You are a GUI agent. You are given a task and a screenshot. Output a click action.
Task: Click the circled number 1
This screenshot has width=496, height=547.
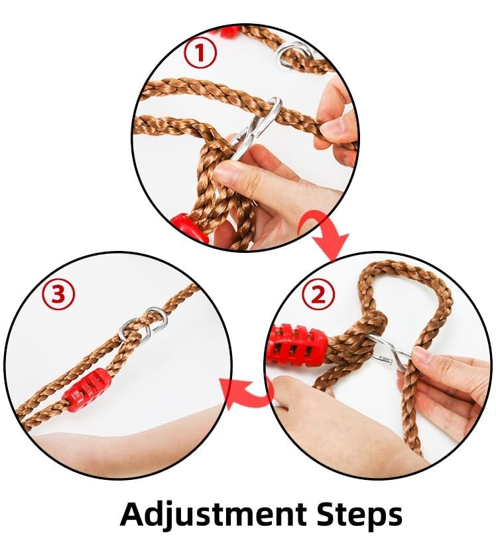[x=200, y=52]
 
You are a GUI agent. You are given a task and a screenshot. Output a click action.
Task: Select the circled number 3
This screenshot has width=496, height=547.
[x=58, y=295]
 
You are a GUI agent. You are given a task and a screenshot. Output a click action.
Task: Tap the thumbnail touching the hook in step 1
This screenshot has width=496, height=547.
[x=225, y=171]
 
